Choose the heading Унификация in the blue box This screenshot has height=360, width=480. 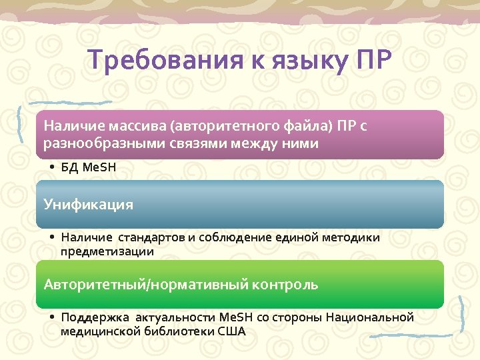(x=89, y=205)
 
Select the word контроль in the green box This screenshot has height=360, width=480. (x=285, y=285)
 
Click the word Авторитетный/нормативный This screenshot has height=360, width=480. (x=146, y=285)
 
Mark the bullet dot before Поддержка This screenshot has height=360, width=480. (x=52, y=317)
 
